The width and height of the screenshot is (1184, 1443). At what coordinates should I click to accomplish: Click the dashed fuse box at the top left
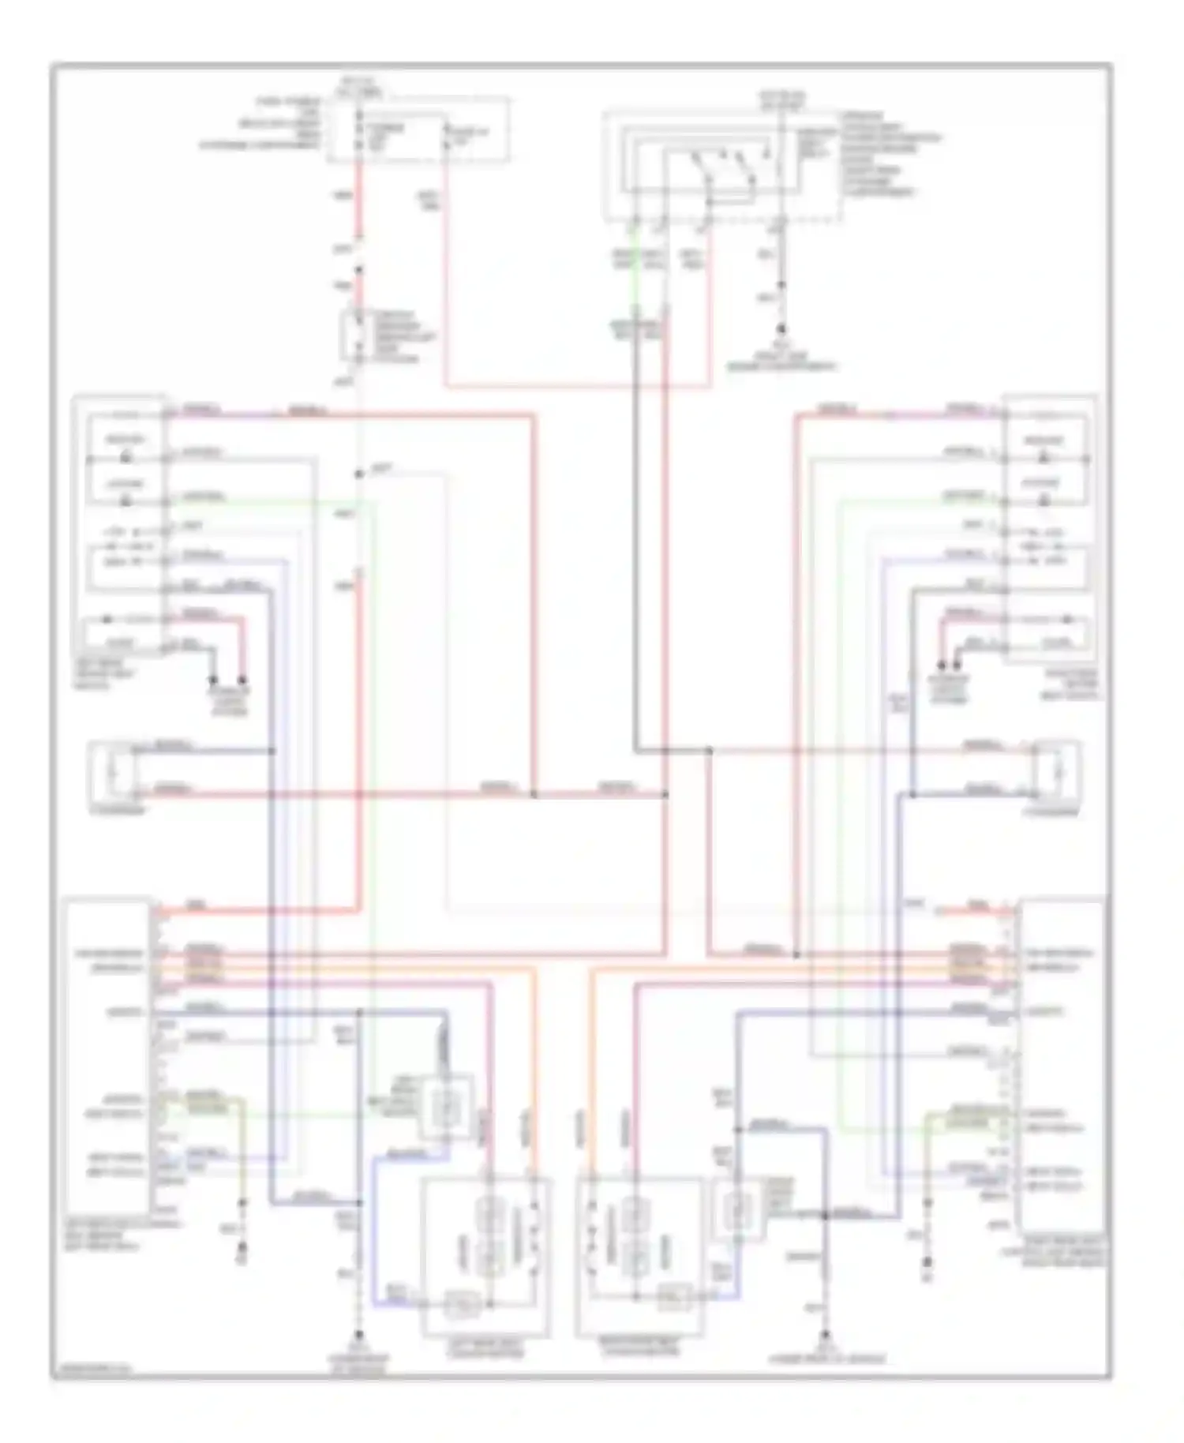pos(418,130)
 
